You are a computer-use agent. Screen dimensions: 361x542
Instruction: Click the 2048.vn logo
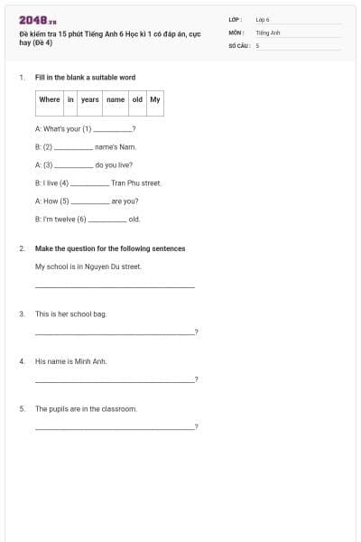37,20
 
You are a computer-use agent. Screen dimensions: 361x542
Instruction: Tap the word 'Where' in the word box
50,99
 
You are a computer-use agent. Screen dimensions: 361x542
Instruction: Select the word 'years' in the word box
89,99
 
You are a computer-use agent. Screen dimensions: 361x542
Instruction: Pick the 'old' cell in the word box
137,99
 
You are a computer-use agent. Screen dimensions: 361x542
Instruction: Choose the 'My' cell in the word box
155,99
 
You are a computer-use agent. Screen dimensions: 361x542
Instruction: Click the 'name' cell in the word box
116,99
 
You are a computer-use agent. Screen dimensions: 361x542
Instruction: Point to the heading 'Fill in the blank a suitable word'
85,78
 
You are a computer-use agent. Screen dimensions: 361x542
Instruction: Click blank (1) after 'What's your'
113,131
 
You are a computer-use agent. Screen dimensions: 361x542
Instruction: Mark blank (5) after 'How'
88,202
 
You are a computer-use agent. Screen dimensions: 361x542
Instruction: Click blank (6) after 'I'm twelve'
106,220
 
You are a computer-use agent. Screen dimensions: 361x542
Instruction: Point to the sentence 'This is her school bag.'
70,313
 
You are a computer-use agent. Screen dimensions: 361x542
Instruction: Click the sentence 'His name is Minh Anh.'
70,361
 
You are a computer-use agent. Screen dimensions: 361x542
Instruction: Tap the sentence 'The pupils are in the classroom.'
86,408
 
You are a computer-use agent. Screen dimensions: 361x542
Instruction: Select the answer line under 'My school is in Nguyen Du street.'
114,287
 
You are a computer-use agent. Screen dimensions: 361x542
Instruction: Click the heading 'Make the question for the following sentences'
109,248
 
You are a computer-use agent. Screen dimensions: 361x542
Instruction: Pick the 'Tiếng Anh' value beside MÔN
268,32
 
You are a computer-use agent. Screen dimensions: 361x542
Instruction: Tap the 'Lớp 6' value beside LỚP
263,19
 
